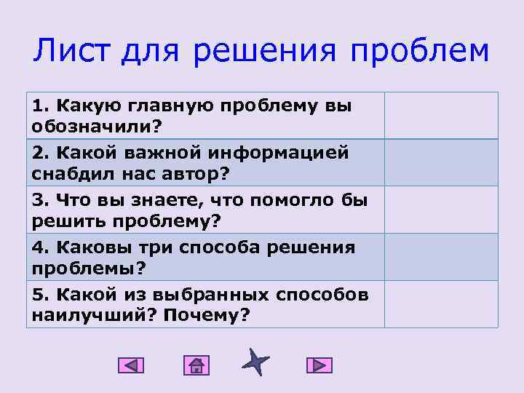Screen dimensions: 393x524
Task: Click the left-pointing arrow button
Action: (x=131, y=365)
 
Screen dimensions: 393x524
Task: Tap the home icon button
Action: (x=196, y=365)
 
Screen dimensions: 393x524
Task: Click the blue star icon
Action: (x=255, y=362)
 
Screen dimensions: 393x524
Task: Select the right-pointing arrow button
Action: (x=319, y=365)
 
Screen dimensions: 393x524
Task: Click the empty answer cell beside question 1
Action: (x=441, y=115)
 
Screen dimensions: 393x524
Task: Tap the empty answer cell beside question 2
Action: (x=441, y=162)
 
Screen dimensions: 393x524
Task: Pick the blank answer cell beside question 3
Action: (x=441, y=210)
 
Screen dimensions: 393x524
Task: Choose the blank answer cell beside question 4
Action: (x=441, y=257)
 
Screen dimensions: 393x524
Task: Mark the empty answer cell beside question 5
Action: (x=441, y=304)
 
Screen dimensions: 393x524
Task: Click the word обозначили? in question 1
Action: (x=97, y=127)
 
